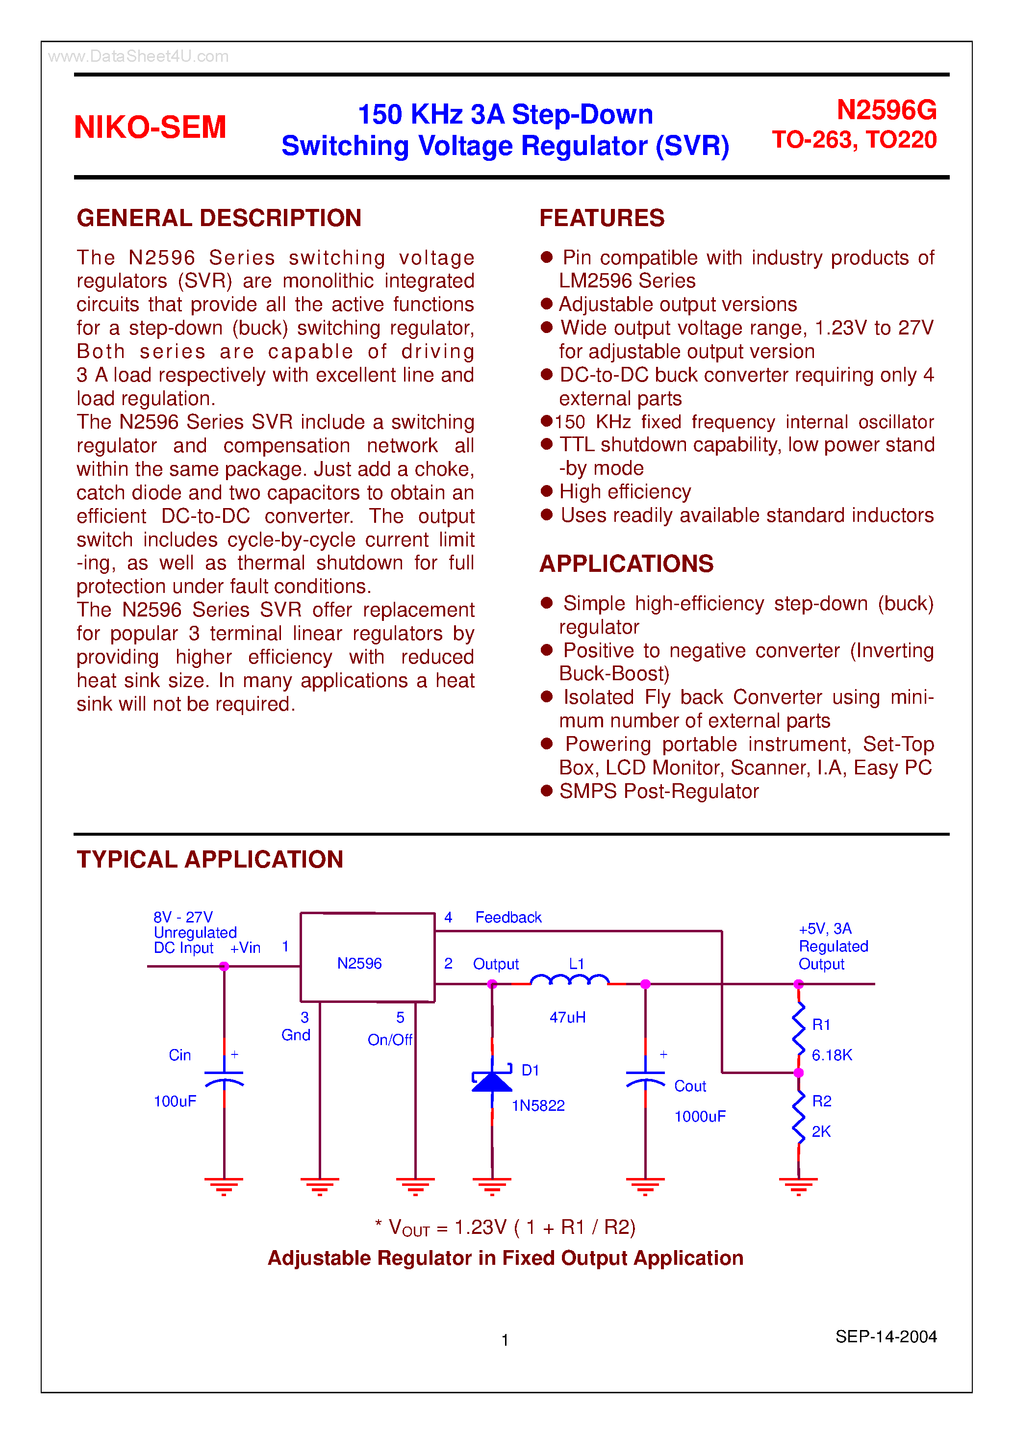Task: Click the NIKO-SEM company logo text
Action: (150, 127)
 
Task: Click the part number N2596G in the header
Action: (886, 110)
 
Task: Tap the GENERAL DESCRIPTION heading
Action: (219, 218)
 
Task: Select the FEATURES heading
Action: (602, 218)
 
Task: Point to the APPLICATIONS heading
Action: (627, 563)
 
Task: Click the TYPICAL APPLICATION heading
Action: (210, 859)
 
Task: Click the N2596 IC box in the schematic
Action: (367, 957)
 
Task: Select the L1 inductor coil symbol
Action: (569, 980)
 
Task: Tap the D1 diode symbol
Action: (492, 1081)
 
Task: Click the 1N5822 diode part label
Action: (538, 1105)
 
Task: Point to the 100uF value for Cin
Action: (175, 1101)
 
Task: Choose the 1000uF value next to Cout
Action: (700, 1116)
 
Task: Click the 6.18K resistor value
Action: (831, 1055)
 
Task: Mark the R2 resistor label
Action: (821, 1101)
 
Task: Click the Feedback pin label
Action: (508, 917)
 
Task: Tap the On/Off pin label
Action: (390, 1039)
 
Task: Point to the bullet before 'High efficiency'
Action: (547, 491)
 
